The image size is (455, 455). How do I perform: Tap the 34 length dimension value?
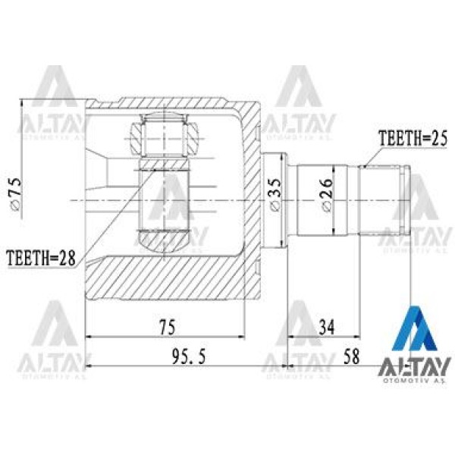tap(328, 327)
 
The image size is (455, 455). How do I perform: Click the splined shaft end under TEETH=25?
tap(385, 199)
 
